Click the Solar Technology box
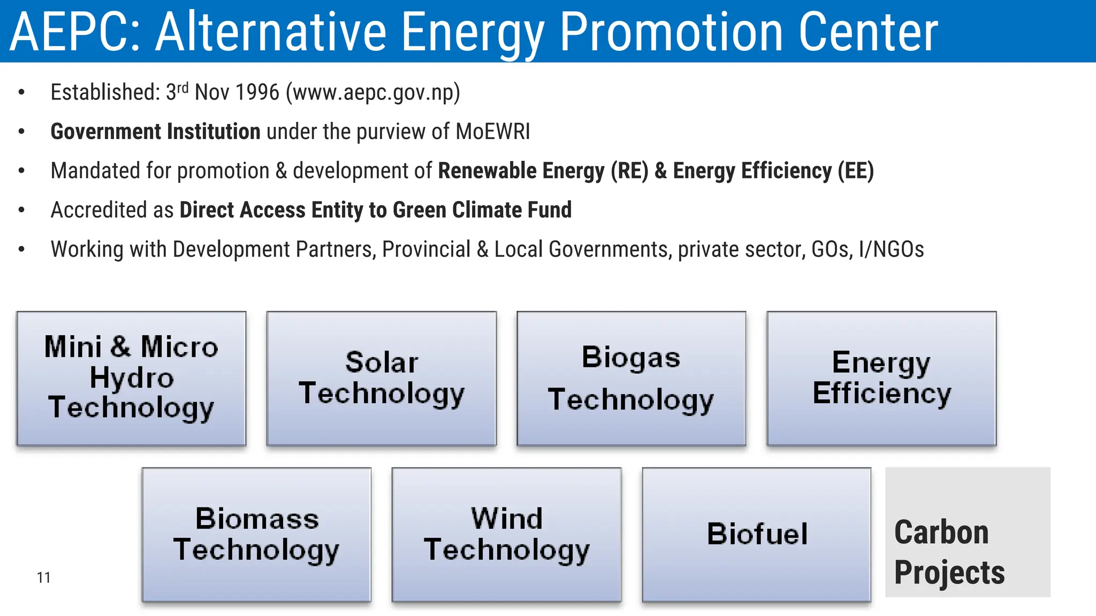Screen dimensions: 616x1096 pyautogui.click(x=381, y=378)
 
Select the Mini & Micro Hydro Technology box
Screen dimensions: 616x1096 pyautogui.click(x=131, y=378)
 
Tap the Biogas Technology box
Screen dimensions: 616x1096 pyautogui.click(x=631, y=378)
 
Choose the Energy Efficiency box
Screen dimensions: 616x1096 pyautogui.click(x=881, y=378)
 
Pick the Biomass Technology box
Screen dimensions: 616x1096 pyautogui.click(x=256, y=534)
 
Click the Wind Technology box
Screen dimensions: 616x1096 pyautogui.click(x=506, y=534)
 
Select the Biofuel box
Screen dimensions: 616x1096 pyautogui.click(x=757, y=534)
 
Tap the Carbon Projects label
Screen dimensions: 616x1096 pyautogui.click(x=949, y=552)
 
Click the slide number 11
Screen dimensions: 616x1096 pyautogui.click(x=44, y=577)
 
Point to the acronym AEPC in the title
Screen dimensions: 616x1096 pyautogui.click(x=74, y=32)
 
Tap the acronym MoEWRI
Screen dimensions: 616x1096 pyautogui.click(x=492, y=132)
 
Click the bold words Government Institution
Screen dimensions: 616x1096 pyautogui.click(x=155, y=132)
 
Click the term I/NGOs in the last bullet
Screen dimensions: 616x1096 pyautogui.click(x=891, y=249)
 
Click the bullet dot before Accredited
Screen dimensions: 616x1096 pyautogui.click(x=21, y=210)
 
